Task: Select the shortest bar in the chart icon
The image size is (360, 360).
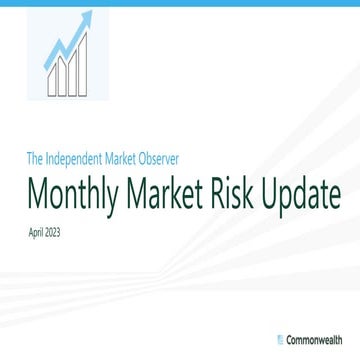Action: [51, 81]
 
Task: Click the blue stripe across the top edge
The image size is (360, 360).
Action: [180, 3]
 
